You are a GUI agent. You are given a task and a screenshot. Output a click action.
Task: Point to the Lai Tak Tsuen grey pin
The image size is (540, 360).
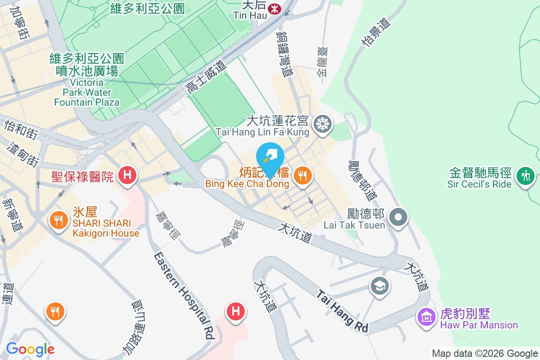pos(398,217)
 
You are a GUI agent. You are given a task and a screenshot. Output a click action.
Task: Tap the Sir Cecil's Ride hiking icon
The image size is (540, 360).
pos(525,175)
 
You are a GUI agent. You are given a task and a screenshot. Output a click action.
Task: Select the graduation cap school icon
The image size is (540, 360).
pos(380,285)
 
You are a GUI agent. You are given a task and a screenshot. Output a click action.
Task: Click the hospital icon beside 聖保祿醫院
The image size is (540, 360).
pos(127,175)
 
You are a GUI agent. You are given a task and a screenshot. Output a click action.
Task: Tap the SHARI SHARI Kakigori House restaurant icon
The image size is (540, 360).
pos(58,220)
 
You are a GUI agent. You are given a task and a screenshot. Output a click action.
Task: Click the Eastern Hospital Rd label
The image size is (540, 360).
pos(184,295)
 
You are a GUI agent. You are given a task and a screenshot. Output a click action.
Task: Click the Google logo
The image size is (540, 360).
pos(30,349)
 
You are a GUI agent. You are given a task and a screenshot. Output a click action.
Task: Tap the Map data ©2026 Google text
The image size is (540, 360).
pos(485,354)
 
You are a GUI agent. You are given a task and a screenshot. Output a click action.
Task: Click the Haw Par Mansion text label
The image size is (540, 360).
pos(479,325)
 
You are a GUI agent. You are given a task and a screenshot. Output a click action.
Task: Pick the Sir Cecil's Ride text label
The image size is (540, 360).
pos(479,184)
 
